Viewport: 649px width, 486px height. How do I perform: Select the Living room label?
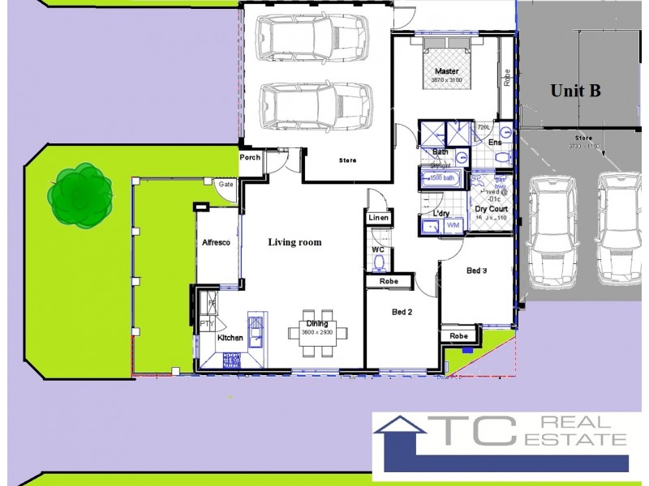294,242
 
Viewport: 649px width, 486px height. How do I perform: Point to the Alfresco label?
217,242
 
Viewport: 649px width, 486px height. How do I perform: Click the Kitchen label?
230,337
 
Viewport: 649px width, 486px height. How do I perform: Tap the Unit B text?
575,91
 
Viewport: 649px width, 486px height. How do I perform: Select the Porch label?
251,157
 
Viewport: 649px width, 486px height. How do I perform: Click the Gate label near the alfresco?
226,185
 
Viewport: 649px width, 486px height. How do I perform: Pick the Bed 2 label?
403,312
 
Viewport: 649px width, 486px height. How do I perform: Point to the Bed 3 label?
476,271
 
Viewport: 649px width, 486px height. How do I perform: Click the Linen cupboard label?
379,219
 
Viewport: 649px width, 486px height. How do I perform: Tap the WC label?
377,249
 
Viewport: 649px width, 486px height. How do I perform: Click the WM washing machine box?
453,224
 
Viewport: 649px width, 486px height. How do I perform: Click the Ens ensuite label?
495,143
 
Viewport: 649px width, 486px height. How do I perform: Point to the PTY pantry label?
206,324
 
